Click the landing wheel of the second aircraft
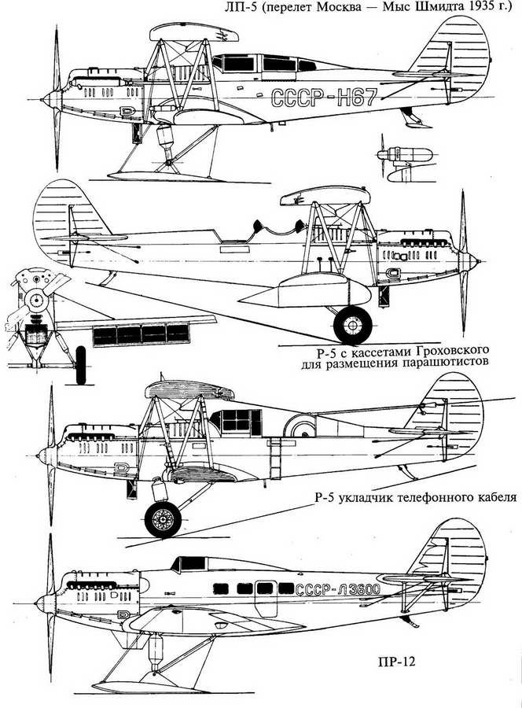pos(351,324)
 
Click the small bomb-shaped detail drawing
pos(409,154)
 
